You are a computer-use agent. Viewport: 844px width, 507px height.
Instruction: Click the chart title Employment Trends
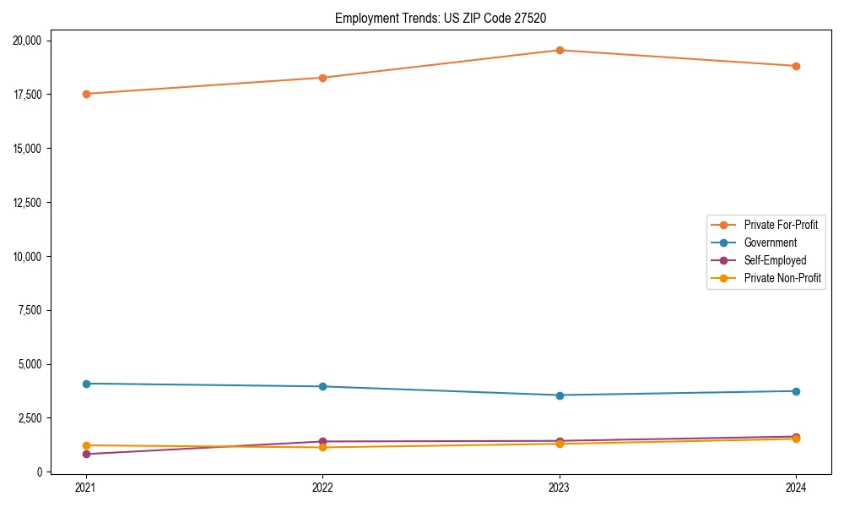pos(446,18)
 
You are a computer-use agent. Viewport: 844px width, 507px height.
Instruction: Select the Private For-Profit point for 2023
pos(560,50)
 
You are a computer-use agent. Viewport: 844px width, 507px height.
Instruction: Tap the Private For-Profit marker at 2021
pos(86,94)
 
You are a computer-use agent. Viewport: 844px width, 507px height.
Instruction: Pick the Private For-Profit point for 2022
pos(322,78)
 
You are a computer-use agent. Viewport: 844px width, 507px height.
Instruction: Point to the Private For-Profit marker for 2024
pos(796,66)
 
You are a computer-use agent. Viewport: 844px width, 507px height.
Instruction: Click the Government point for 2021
pos(86,384)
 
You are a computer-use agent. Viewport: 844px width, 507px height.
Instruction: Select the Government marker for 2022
pos(322,386)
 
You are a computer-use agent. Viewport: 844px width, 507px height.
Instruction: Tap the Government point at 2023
pos(560,395)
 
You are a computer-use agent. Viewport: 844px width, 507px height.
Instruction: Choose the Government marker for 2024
pos(796,391)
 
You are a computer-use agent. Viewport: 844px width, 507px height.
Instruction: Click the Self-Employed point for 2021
pos(86,455)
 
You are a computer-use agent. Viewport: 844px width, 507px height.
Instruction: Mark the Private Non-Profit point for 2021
pos(86,445)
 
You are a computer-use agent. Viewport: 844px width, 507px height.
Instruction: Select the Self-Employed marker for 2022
pos(322,441)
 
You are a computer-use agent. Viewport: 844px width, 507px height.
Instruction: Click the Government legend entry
pos(770,243)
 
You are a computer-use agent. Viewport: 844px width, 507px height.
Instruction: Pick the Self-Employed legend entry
pos(775,260)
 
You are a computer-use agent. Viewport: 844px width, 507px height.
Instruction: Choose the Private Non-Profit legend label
pos(782,278)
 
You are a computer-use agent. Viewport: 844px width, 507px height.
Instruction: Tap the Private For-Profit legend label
pos(781,225)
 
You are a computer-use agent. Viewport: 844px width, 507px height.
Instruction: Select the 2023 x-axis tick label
pos(560,488)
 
